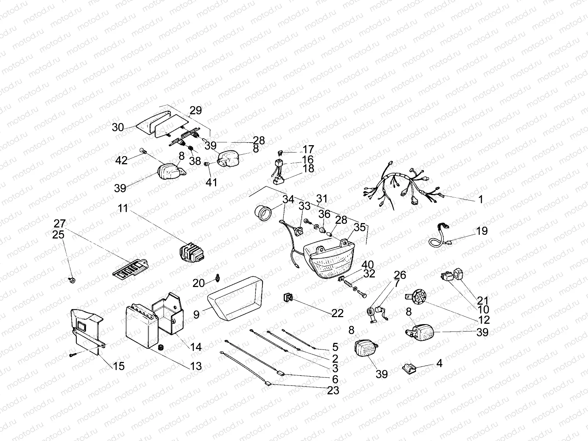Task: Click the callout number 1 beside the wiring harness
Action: pyautogui.click(x=481, y=200)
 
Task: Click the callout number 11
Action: pyautogui.click(x=123, y=208)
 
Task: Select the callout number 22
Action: pyautogui.click(x=337, y=313)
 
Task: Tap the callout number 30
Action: pyautogui.click(x=118, y=128)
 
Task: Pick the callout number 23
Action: pyautogui.click(x=333, y=390)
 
